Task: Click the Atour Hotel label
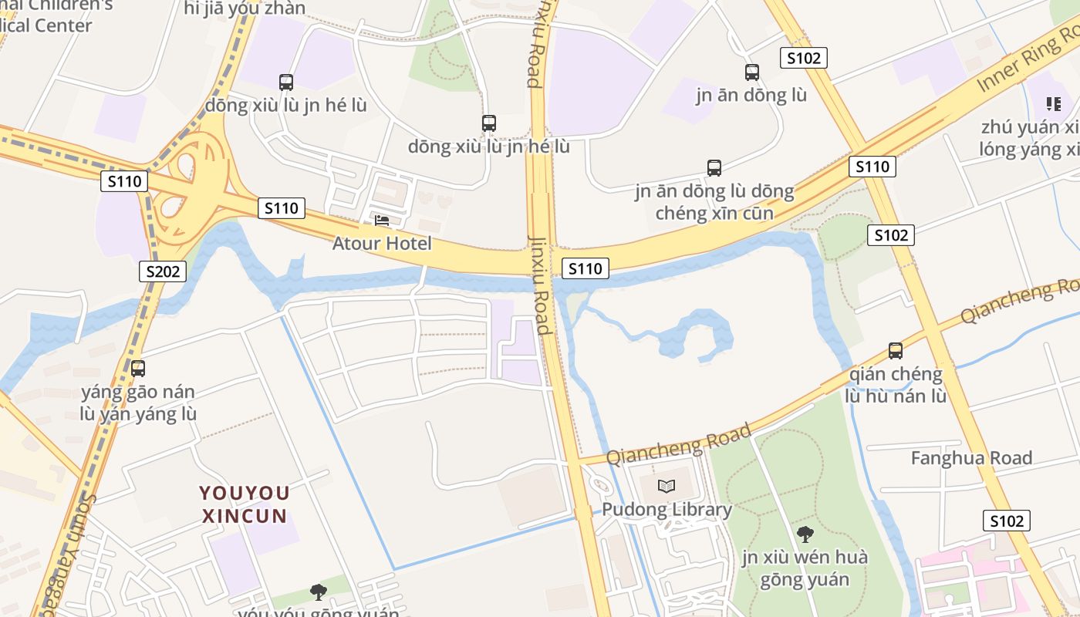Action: (x=382, y=244)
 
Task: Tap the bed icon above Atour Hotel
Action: (x=382, y=221)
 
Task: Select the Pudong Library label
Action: (x=667, y=510)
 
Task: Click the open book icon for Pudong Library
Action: (x=667, y=486)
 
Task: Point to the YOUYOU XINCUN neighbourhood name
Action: (x=245, y=504)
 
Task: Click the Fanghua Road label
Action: (x=971, y=458)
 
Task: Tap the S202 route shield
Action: (x=163, y=271)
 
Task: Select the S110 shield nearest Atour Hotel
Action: (x=281, y=208)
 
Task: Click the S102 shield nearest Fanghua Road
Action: (x=1007, y=521)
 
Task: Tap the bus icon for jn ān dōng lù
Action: (x=752, y=72)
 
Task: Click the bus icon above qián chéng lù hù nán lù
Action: (x=896, y=351)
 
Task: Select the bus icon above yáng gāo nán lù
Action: (x=138, y=369)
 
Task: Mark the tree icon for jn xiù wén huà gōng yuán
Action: (x=805, y=534)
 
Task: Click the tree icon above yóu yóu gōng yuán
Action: (x=318, y=592)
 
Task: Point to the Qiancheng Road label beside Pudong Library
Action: (x=679, y=444)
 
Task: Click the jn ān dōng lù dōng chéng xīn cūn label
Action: (x=714, y=202)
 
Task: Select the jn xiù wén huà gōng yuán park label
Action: (x=805, y=568)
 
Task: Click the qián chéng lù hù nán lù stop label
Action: (x=896, y=385)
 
